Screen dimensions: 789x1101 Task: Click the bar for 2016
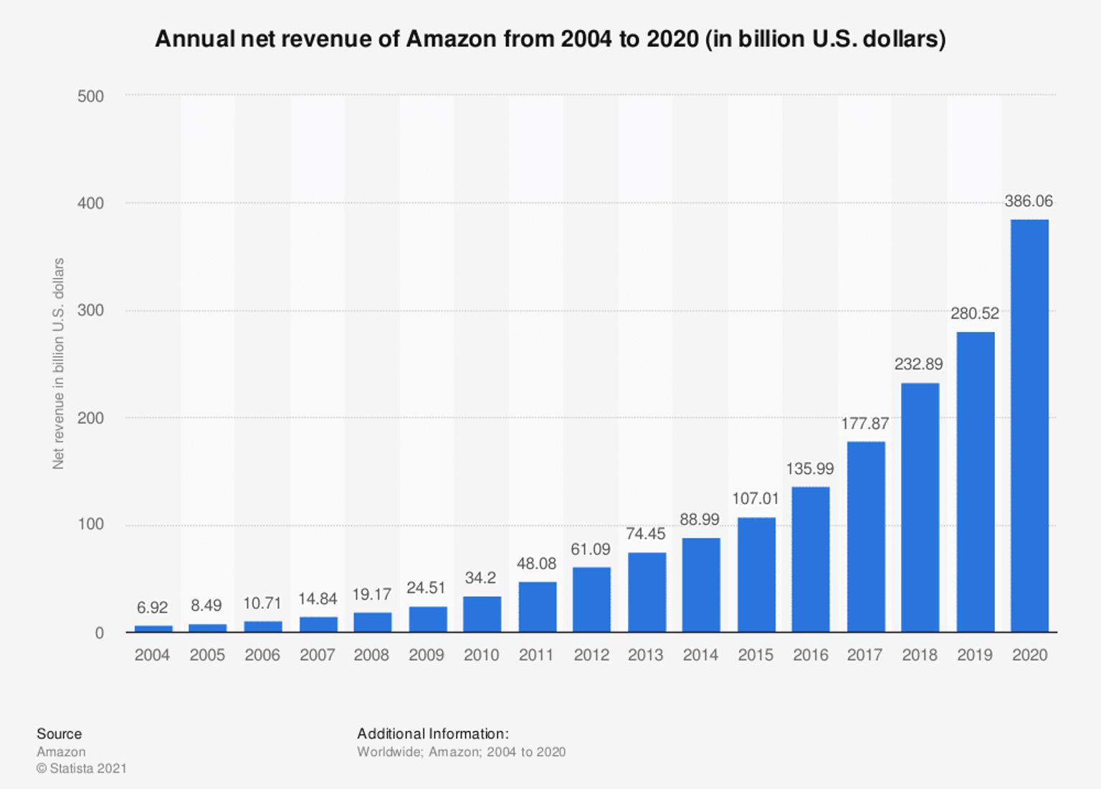[811, 559]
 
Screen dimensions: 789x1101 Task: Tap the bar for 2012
[591, 600]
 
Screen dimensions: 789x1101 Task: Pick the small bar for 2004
[153, 628]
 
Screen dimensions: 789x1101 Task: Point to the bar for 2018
[920, 507]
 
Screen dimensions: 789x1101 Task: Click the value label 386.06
[1029, 202]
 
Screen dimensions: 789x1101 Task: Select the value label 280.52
[974, 313]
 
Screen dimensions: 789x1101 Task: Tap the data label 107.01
[755, 498]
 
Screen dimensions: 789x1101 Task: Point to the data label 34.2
[480, 577]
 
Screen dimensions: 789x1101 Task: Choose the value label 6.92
[152, 608]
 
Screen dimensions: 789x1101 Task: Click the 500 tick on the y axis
[90, 96]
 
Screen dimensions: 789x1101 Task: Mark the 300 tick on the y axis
[90, 311]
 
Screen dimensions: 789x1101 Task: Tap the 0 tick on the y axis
[99, 633]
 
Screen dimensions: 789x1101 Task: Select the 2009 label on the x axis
[426, 655]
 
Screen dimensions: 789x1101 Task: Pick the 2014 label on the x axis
[700, 655]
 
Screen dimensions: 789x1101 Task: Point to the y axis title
[59, 364]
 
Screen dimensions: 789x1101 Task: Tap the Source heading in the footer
[59, 734]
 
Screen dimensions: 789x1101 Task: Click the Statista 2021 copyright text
[82, 769]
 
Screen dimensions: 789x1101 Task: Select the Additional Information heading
[432, 734]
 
